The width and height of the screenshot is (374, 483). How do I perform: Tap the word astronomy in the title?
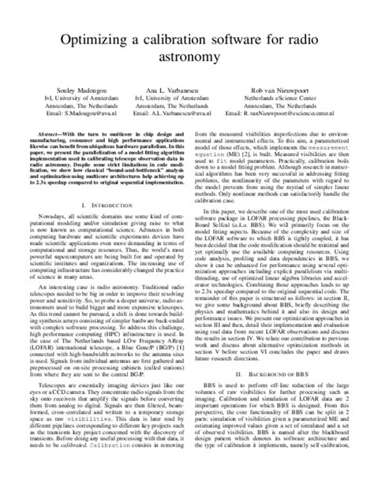tap(187, 58)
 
